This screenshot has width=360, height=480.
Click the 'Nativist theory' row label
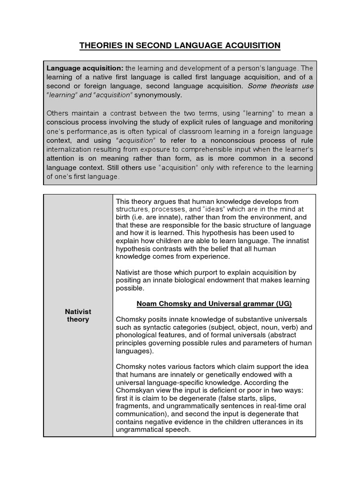(78, 315)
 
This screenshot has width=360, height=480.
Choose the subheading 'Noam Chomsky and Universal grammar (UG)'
(214, 304)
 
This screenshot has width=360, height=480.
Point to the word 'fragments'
(132, 406)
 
